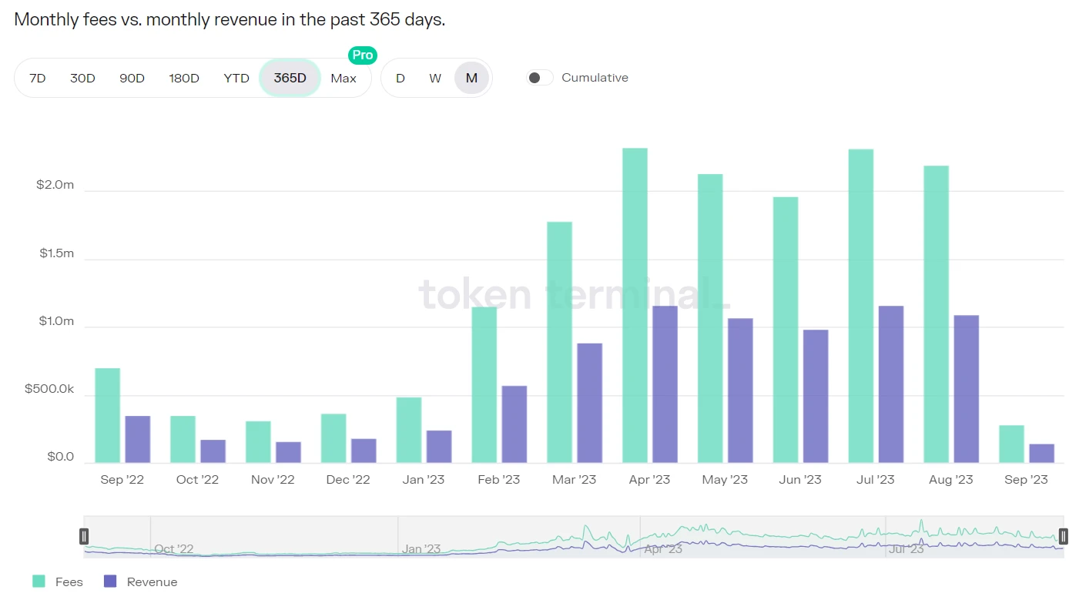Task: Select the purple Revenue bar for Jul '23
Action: coord(891,384)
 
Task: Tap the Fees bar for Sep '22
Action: coord(107,415)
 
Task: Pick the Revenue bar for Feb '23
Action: coord(514,424)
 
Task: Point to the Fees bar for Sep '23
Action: coord(1011,444)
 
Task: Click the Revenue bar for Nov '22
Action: coord(288,452)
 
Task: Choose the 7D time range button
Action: coord(37,78)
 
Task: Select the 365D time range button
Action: coord(290,78)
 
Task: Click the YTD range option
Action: coord(236,78)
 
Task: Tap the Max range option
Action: coord(343,78)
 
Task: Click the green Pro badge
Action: coord(362,55)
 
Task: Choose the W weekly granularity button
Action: coord(435,78)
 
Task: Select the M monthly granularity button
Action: coord(471,78)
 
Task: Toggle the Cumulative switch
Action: coord(539,78)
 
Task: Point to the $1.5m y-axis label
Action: coord(57,253)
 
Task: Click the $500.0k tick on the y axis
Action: coord(49,389)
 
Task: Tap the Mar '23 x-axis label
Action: coord(574,480)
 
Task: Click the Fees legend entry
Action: coord(58,582)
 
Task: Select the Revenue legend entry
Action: coord(141,582)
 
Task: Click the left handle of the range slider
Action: coord(84,536)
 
